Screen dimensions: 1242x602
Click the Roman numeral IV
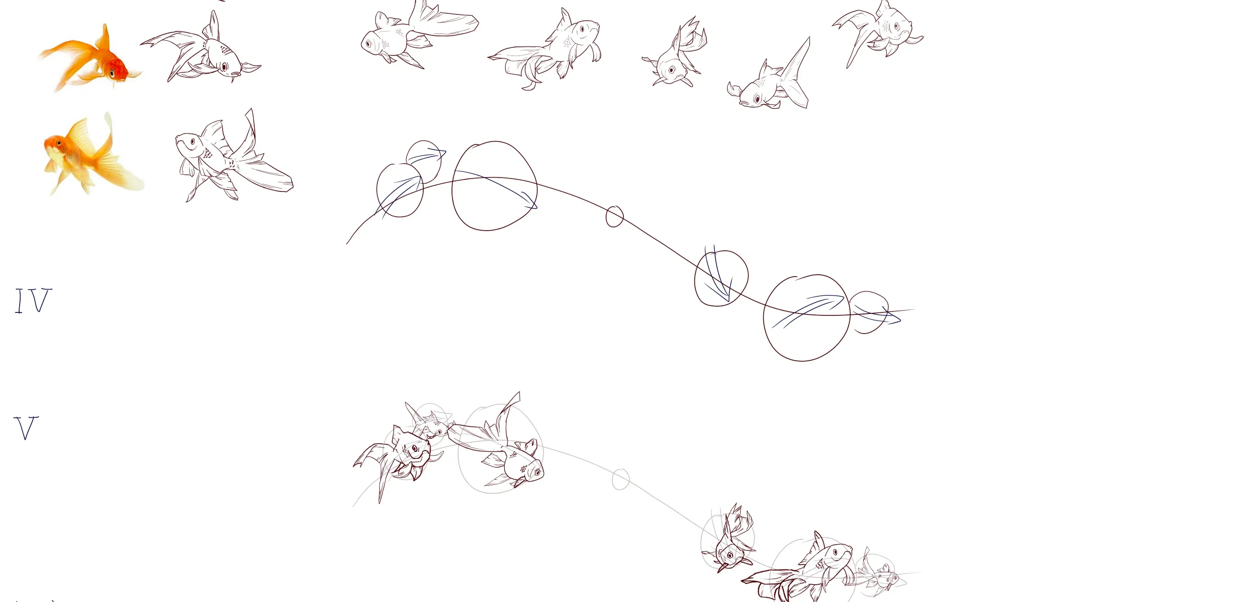coord(33,301)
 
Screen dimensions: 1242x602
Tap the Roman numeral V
coord(25,427)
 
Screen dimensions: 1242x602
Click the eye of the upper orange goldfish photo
coord(113,73)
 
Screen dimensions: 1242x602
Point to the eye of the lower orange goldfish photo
coord(59,143)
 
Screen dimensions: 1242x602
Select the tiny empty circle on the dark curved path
coord(614,216)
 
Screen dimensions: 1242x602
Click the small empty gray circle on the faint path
coord(621,479)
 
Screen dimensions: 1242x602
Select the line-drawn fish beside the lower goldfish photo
coord(234,156)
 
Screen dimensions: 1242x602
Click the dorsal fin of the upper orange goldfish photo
coord(105,39)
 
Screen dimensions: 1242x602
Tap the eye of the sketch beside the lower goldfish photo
coord(193,142)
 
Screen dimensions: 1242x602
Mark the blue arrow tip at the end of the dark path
coord(900,319)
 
